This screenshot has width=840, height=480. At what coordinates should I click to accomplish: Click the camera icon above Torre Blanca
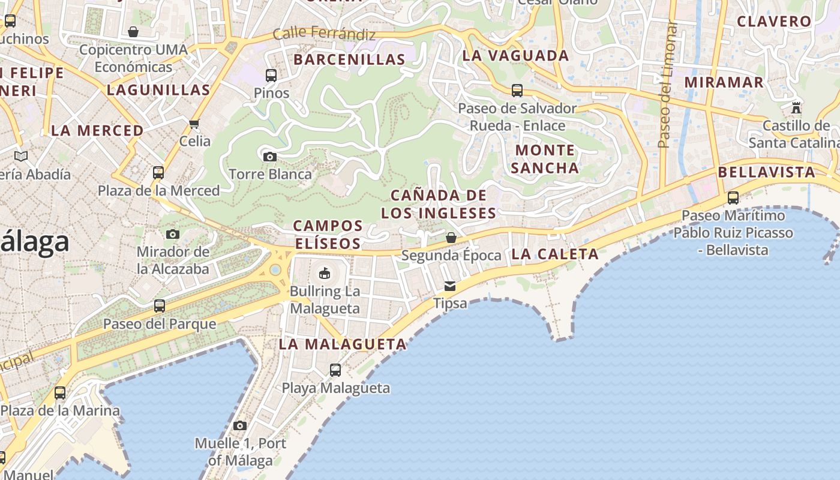point(270,157)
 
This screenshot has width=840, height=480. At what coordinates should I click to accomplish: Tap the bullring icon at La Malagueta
point(325,273)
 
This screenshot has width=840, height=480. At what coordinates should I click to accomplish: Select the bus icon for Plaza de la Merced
point(158,173)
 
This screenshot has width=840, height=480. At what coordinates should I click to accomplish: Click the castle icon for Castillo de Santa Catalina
point(796,108)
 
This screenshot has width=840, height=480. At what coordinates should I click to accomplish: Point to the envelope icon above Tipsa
point(449,286)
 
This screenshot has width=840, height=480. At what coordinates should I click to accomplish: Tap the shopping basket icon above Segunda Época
point(451,238)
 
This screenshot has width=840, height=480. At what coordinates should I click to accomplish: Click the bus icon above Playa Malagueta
point(335,370)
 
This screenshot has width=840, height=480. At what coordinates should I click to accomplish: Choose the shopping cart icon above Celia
point(194,124)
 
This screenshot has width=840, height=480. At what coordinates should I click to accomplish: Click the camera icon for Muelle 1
point(240,425)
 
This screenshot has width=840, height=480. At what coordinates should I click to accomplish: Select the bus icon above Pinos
point(271,76)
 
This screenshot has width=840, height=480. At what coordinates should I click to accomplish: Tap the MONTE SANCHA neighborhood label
point(545,159)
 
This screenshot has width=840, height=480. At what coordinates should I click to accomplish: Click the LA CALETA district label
point(555,254)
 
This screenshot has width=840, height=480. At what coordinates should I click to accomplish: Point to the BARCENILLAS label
point(349,59)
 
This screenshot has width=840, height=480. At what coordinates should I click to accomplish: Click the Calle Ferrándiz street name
point(324,34)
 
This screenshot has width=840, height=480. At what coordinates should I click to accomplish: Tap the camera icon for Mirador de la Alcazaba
point(173,234)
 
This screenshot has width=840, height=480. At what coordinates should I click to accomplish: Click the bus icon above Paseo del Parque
point(160,306)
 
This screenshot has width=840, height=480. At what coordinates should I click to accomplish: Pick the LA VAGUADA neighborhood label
point(515,56)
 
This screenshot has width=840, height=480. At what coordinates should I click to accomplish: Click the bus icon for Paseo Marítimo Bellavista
point(733,198)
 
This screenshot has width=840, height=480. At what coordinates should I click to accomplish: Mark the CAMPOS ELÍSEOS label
point(328,235)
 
